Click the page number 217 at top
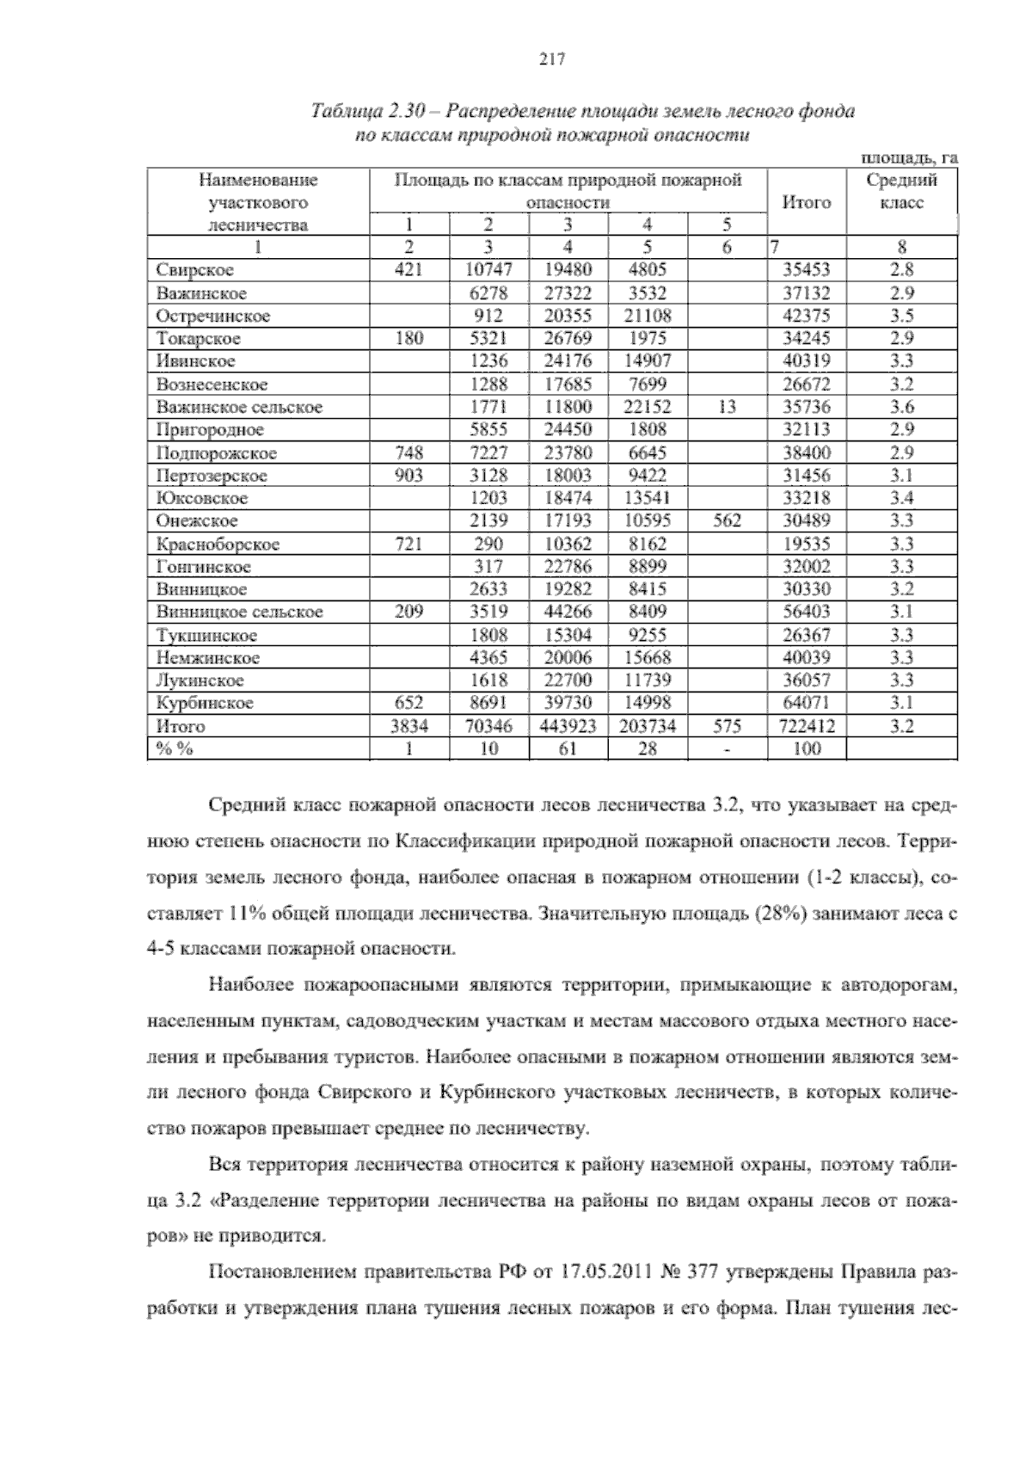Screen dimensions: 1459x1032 [550, 59]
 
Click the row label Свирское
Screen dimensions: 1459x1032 [195, 270]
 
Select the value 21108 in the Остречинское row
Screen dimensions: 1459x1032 [647, 316]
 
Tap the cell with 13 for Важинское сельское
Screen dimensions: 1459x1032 [727, 407]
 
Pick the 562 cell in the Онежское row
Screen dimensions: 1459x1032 [727, 520]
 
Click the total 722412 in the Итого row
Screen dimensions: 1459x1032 [806, 726]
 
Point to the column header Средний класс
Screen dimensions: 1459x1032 [901, 192]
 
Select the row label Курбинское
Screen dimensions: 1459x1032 [205, 703]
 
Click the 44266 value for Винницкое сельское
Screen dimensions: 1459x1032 [568, 612]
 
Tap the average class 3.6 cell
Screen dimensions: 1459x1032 [901, 407]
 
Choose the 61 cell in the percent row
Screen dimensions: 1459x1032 [568, 748]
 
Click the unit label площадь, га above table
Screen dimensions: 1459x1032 [909, 157]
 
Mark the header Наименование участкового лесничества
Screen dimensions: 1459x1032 [258, 202]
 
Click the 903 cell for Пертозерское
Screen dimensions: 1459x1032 [408, 475]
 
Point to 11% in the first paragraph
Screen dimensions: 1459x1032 [249, 912]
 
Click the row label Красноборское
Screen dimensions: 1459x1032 [218, 544]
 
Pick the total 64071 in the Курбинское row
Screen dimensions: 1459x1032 [806, 703]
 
